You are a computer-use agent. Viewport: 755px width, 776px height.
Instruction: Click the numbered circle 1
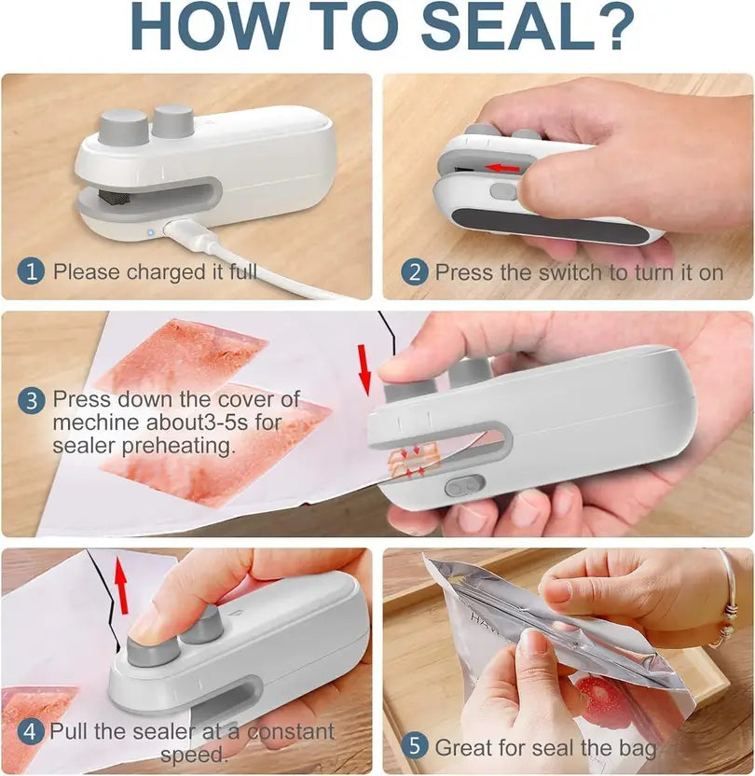[x=32, y=271]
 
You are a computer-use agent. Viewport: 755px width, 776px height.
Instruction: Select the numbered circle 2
[x=415, y=272]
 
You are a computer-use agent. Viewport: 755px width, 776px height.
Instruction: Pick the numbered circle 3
[x=32, y=401]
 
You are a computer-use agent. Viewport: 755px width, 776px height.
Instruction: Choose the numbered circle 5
[x=415, y=747]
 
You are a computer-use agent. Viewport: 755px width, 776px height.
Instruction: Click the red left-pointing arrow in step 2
[x=504, y=168]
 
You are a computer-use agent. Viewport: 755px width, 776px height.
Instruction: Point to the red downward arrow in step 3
[x=364, y=368]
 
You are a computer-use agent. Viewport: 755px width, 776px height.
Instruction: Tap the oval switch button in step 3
[x=463, y=486]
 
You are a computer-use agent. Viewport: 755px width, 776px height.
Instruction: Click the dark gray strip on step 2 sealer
[x=550, y=224]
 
